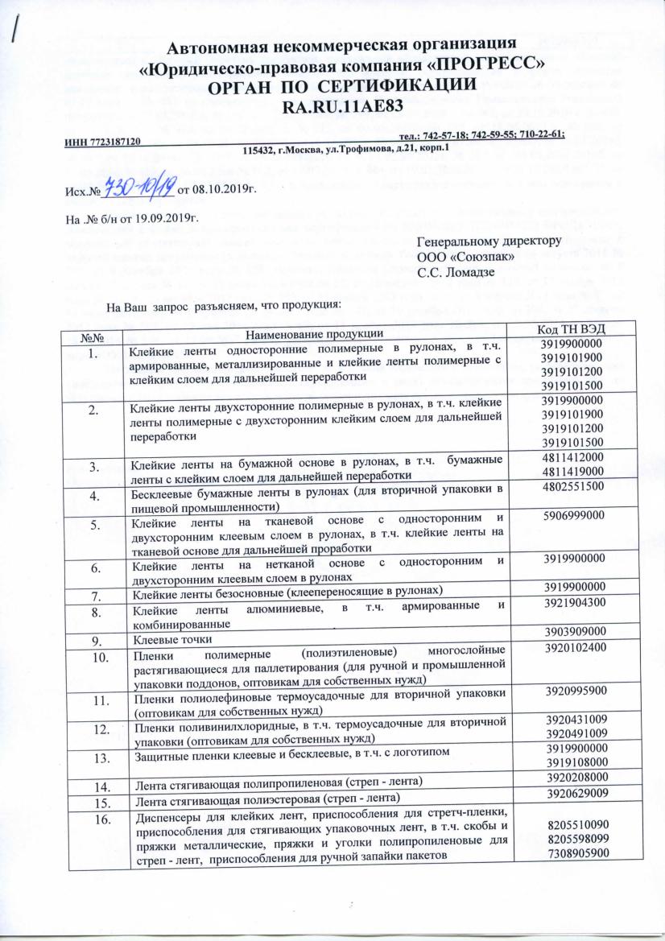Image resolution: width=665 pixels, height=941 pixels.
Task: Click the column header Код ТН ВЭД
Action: [x=572, y=332]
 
